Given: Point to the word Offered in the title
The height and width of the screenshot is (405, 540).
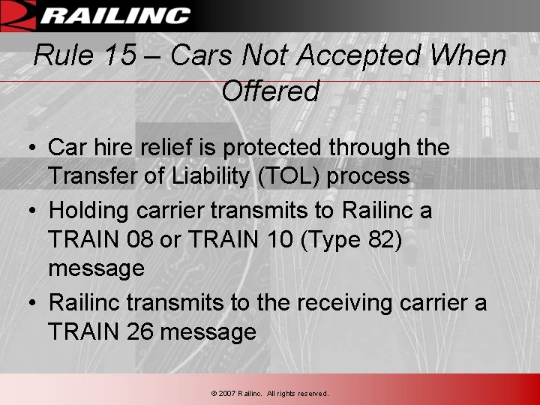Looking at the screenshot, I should pyautogui.click(x=271, y=91).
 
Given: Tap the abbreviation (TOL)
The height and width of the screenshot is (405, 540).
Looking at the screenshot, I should pyautogui.click(x=267, y=176).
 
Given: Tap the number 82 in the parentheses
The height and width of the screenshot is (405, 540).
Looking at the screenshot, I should pyautogui.click(x=379, y=240).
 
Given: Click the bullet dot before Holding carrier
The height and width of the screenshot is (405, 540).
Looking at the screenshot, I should pyautogui.click(x=34, y=211).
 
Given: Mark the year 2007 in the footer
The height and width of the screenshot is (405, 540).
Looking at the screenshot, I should pyautogui.click(x=227, y=393).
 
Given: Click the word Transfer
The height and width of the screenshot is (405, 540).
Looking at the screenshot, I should pyautogui.click(x=88, y=176).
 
